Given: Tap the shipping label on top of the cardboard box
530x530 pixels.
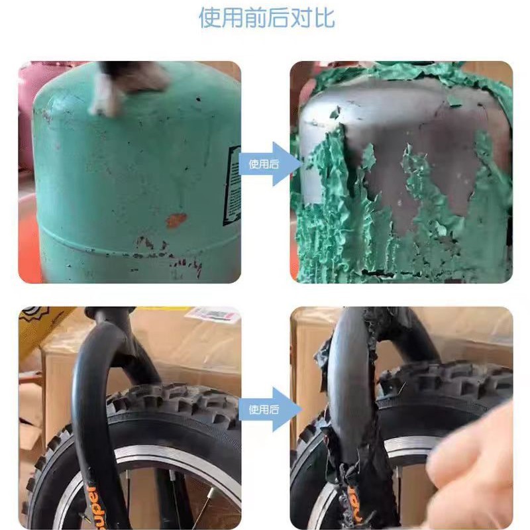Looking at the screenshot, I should coord(212,315).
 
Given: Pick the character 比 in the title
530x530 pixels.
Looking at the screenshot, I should coord(323,18).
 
